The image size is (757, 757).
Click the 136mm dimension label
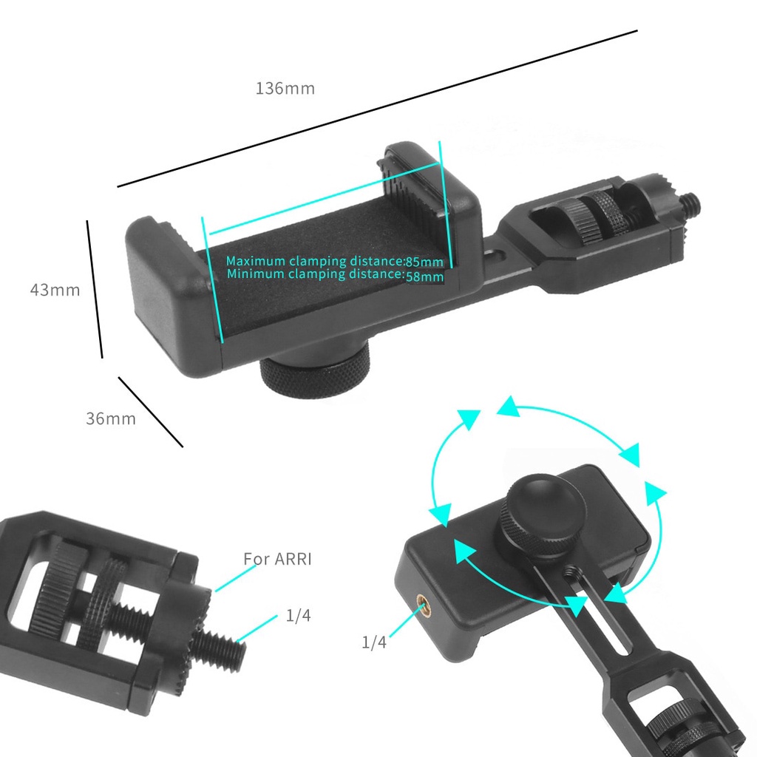point(285,89)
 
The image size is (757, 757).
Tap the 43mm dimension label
point(55,290)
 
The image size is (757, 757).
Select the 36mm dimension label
point(111,418)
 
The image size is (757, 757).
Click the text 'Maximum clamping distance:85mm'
point(335,261)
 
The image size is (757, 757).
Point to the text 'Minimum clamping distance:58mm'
point(335,275)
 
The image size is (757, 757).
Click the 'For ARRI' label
point(277,559)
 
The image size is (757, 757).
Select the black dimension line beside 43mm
point(95,288)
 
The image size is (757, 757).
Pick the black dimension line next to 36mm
point(151,412)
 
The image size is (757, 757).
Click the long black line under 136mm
point(377,108)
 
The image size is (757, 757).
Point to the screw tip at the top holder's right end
point(690,200)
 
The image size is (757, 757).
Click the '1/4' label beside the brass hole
point(374,642)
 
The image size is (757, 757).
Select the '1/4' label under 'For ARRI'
point(298,616)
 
